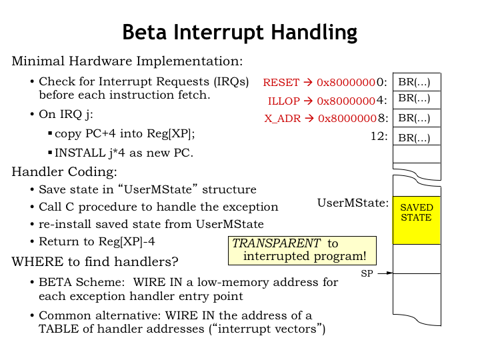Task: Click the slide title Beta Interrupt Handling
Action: [239, 32]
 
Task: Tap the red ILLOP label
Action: [285, 101]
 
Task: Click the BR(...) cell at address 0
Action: [416, 82]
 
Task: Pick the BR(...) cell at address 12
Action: [416, 138]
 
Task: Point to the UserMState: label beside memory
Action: [353, 202]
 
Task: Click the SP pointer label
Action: [367, 273]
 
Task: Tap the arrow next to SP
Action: [385, 273]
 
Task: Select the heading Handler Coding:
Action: [65, 172]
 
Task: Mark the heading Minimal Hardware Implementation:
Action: [127, 61]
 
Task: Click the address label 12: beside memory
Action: [379, 136]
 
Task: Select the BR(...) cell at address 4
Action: [416, 99]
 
